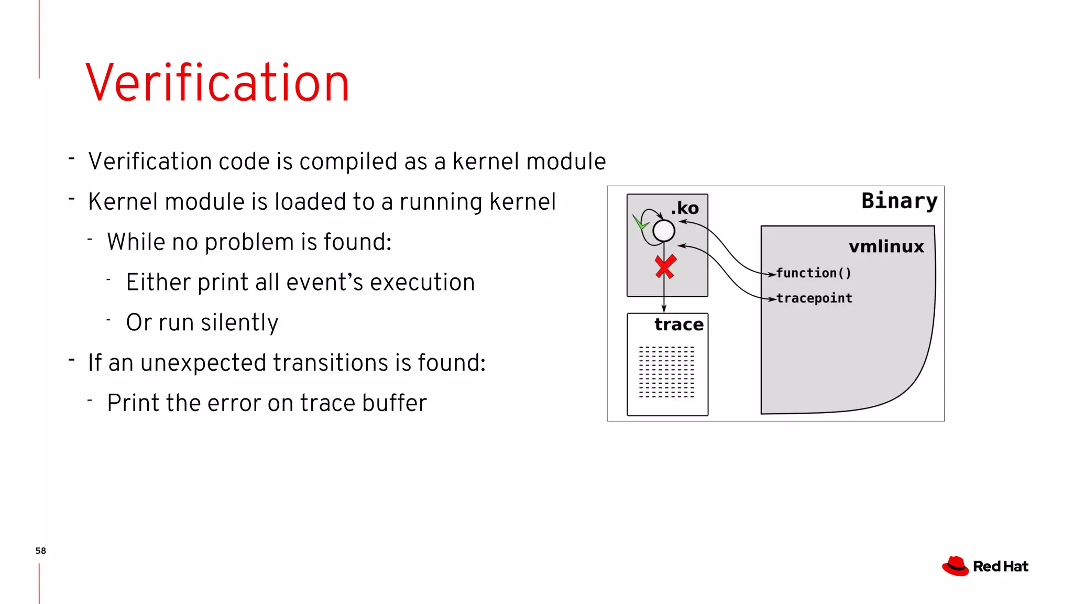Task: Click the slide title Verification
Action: click(217, 83)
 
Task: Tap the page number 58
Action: click(40, 551)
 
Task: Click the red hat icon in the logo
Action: click(955, 566)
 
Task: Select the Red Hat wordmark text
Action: click(1000, 566)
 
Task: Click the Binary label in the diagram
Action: click(899, 201)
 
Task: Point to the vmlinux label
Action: click(886, 246)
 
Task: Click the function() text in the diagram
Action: click(813, 273)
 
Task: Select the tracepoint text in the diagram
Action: click(814, 298)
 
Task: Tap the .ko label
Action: click(685, 208)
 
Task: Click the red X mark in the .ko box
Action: click(665, 267)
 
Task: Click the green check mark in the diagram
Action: click(640, 222)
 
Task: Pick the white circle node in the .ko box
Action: click(664, 231)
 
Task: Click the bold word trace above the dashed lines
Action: click(678, 325)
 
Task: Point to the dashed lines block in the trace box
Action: click(666, 372)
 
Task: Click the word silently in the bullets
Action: click(239, 322)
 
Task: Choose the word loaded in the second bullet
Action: click(310, 202)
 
